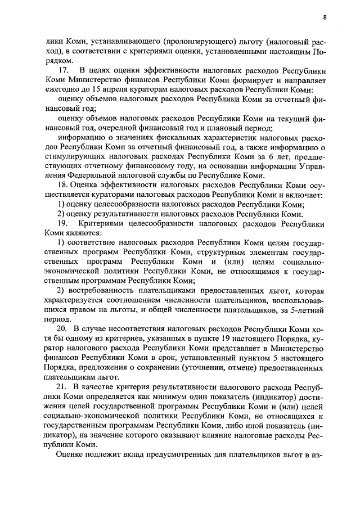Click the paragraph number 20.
62,327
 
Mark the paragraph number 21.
62,388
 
